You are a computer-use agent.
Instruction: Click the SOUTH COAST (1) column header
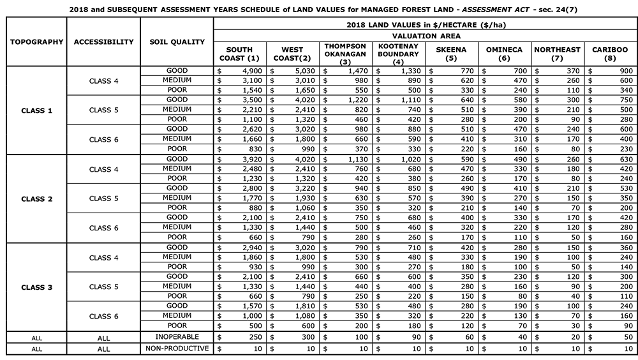point(240,54)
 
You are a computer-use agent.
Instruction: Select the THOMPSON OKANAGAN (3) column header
point(345,54)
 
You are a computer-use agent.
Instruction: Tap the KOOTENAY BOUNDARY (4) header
point(398,54)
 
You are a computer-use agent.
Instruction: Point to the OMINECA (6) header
point(504,54)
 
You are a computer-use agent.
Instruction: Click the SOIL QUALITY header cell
point(177,42)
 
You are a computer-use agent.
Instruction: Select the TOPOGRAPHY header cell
point(36,42)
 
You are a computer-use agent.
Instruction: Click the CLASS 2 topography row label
point(36,199)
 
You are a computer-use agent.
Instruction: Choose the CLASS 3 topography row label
point(36,287)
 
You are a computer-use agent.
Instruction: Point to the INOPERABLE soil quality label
point(177,336)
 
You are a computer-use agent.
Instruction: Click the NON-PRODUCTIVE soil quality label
point(177,349)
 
